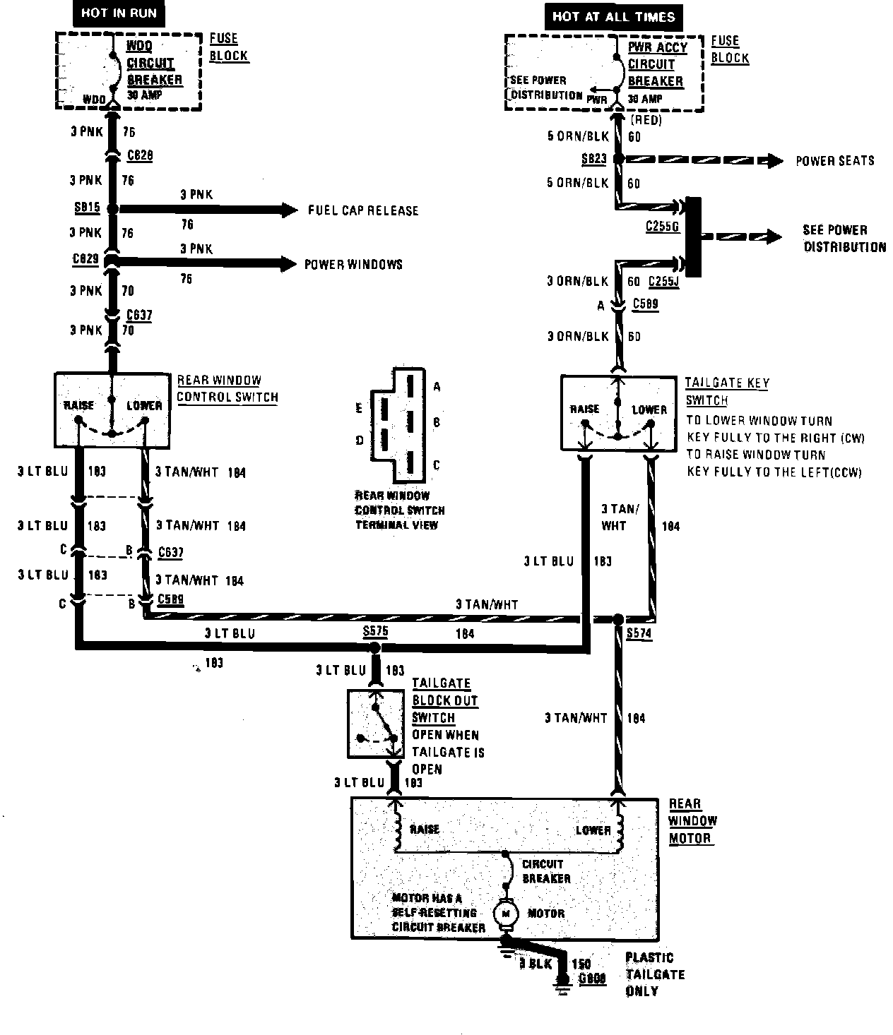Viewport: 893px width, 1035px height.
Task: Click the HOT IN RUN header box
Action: click(119, 13)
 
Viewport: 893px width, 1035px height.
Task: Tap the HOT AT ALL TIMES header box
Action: click(613, 16)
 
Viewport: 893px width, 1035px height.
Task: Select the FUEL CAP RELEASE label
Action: click(363, 210)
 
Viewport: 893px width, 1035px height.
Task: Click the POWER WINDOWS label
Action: click(353, 265)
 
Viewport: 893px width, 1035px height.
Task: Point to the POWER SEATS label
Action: click(835, 161)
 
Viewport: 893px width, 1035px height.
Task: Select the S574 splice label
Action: click(639, 634)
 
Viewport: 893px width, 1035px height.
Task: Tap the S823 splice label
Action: click(593, 159)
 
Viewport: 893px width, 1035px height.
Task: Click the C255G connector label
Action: click(662, 227)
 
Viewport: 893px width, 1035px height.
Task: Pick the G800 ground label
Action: click(592, 979)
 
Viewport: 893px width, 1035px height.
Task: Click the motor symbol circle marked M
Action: click(505, 913)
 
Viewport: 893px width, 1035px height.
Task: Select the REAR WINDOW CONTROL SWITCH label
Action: click(227, 389)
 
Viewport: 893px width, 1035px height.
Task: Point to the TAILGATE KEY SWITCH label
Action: click(726, 392)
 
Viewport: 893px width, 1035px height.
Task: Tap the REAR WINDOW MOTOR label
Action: click(692, 821)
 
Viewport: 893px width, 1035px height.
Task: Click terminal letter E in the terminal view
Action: click(360, 408)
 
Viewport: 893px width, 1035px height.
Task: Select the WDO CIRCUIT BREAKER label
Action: click(154, 64)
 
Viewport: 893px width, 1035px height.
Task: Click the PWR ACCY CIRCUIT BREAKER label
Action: click(657, 64)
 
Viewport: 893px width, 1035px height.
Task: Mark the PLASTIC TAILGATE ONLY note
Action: click(654, 974)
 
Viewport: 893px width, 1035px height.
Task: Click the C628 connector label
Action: click(140, 155)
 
